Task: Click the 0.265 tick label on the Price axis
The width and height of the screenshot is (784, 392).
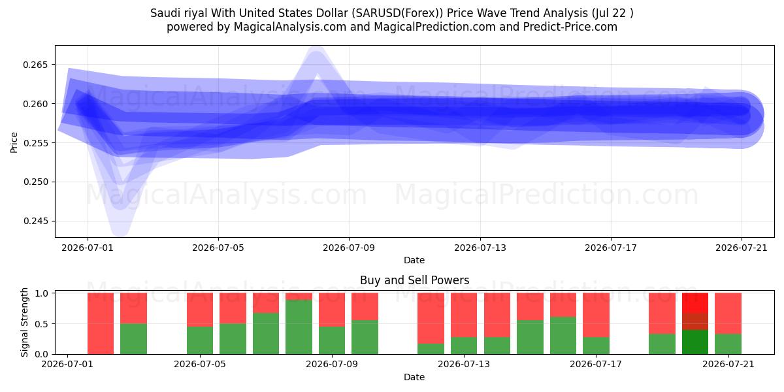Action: (x=35, y=65)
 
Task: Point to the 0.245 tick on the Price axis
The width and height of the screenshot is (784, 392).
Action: (x=35, y=221)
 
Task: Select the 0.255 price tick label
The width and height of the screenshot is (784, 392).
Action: (x=35, y=143)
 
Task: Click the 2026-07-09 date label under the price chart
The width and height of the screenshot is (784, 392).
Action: (x=349, y=248)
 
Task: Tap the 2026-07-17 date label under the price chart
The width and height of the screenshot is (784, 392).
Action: (x=611, y=248)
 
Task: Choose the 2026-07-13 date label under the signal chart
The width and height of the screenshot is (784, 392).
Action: (x=464, y=364)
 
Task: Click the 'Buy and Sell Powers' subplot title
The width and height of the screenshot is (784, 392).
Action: (x=414, y=280)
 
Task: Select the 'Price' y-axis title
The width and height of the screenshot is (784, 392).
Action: (x=14, y=142)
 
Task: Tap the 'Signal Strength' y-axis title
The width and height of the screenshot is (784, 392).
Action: (x=24, y=322)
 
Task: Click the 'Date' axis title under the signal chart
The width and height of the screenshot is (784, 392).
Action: (x=414, y=377)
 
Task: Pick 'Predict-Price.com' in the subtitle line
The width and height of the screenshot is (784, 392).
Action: (x=570, y=27)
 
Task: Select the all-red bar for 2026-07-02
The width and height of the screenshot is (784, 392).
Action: (x=101, y=323)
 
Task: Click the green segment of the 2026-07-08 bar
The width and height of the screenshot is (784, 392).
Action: (x=299, y=327)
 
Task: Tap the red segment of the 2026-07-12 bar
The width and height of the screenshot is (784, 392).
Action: (x=431, y=318)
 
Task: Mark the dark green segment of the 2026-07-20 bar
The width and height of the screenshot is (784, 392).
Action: (x=694, y=342)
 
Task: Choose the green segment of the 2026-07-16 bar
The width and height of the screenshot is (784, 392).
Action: (x=563, y=335)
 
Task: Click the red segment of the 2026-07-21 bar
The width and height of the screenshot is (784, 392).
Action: (x=728, y=313)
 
